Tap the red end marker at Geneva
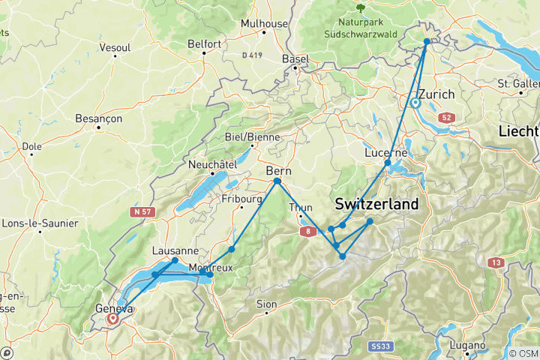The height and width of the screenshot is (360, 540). click(112, 318)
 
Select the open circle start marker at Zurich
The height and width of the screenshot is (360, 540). click(415, 103)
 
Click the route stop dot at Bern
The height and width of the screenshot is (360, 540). click(277, 181)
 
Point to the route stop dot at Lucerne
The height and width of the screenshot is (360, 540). click(388, 163)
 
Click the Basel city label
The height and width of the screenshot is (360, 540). click(295, 58)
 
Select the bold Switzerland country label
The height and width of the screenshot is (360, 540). click(376, 203)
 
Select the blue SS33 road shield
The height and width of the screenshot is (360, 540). click(381, 346)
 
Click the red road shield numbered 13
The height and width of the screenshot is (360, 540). click(496, 262)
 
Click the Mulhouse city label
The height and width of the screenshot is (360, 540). click(264, 23)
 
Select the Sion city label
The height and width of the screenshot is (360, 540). click(267, 304)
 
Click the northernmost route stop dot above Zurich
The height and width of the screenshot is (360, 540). click(427, 42)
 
